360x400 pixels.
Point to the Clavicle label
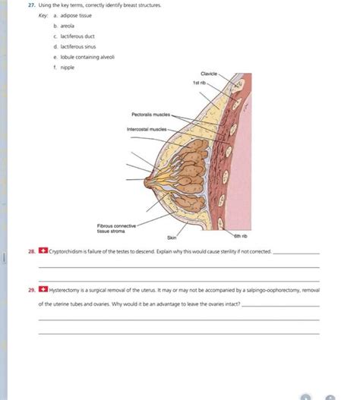point(208,74)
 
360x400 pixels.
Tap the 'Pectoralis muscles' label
point(150,115)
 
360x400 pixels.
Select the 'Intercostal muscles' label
point(147,129)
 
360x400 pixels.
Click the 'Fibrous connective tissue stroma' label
point(116,227)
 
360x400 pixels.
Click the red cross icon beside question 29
point(43,289)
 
